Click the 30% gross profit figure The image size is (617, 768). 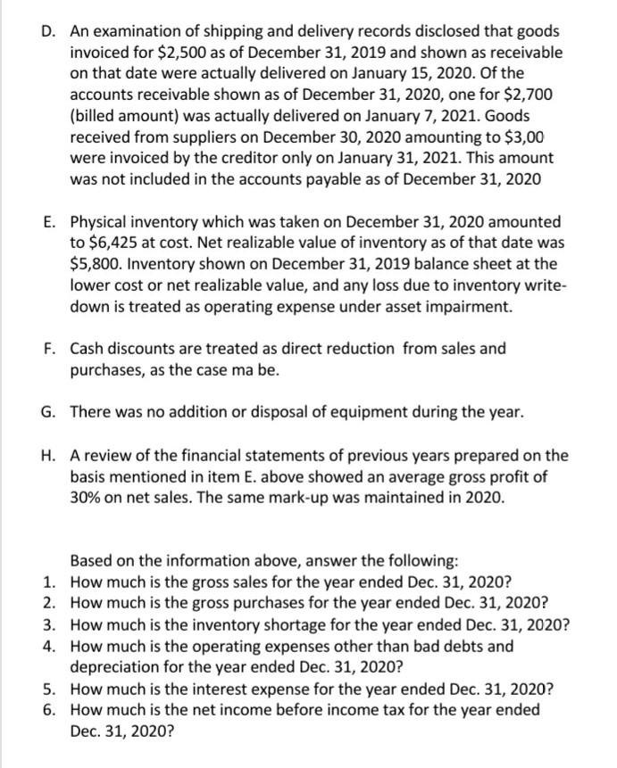pos(88,499)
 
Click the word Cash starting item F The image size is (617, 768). pos(87,349)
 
